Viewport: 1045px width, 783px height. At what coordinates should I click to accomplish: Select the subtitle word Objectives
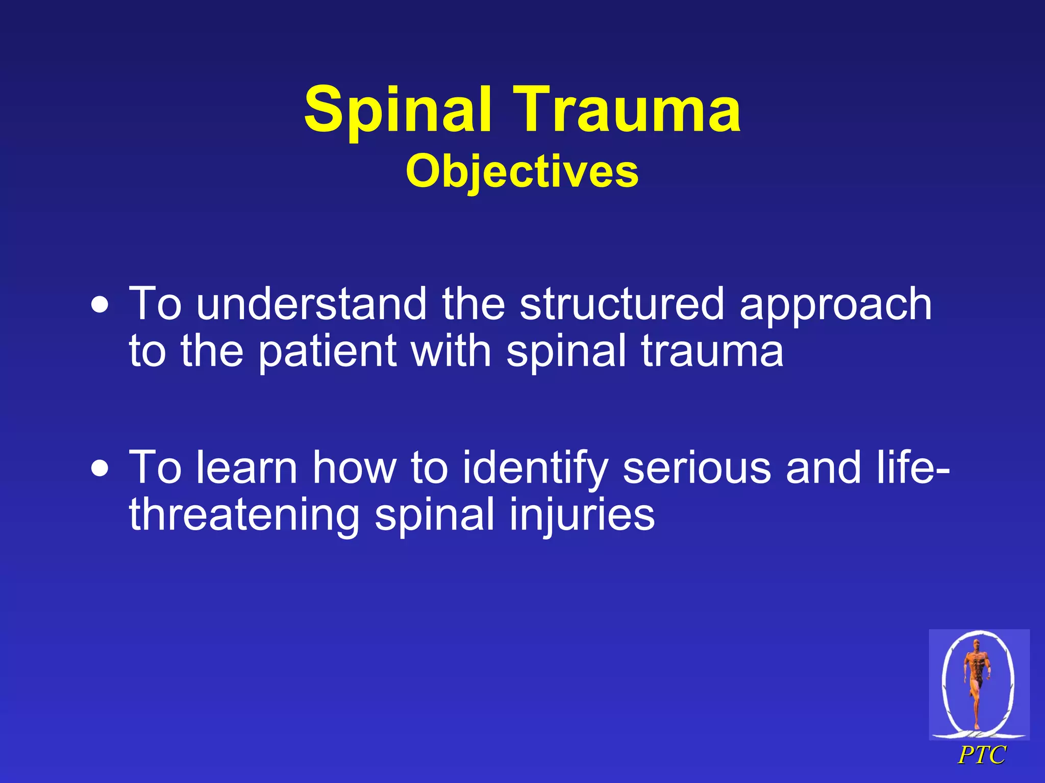click(x=522, y=172)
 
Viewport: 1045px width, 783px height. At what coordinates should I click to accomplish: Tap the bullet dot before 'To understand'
click(x=100, y=305)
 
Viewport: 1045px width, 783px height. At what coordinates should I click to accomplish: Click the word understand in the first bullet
click(x=311, y=304)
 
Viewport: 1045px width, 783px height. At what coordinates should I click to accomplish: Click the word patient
click(x=327, y=352)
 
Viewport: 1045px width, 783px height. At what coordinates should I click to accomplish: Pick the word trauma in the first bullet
click(x=712, y=352)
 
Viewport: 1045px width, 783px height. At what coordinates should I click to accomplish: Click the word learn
click(x=247, y=468)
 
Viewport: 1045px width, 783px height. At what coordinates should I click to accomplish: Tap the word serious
click(x=696, y=468)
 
